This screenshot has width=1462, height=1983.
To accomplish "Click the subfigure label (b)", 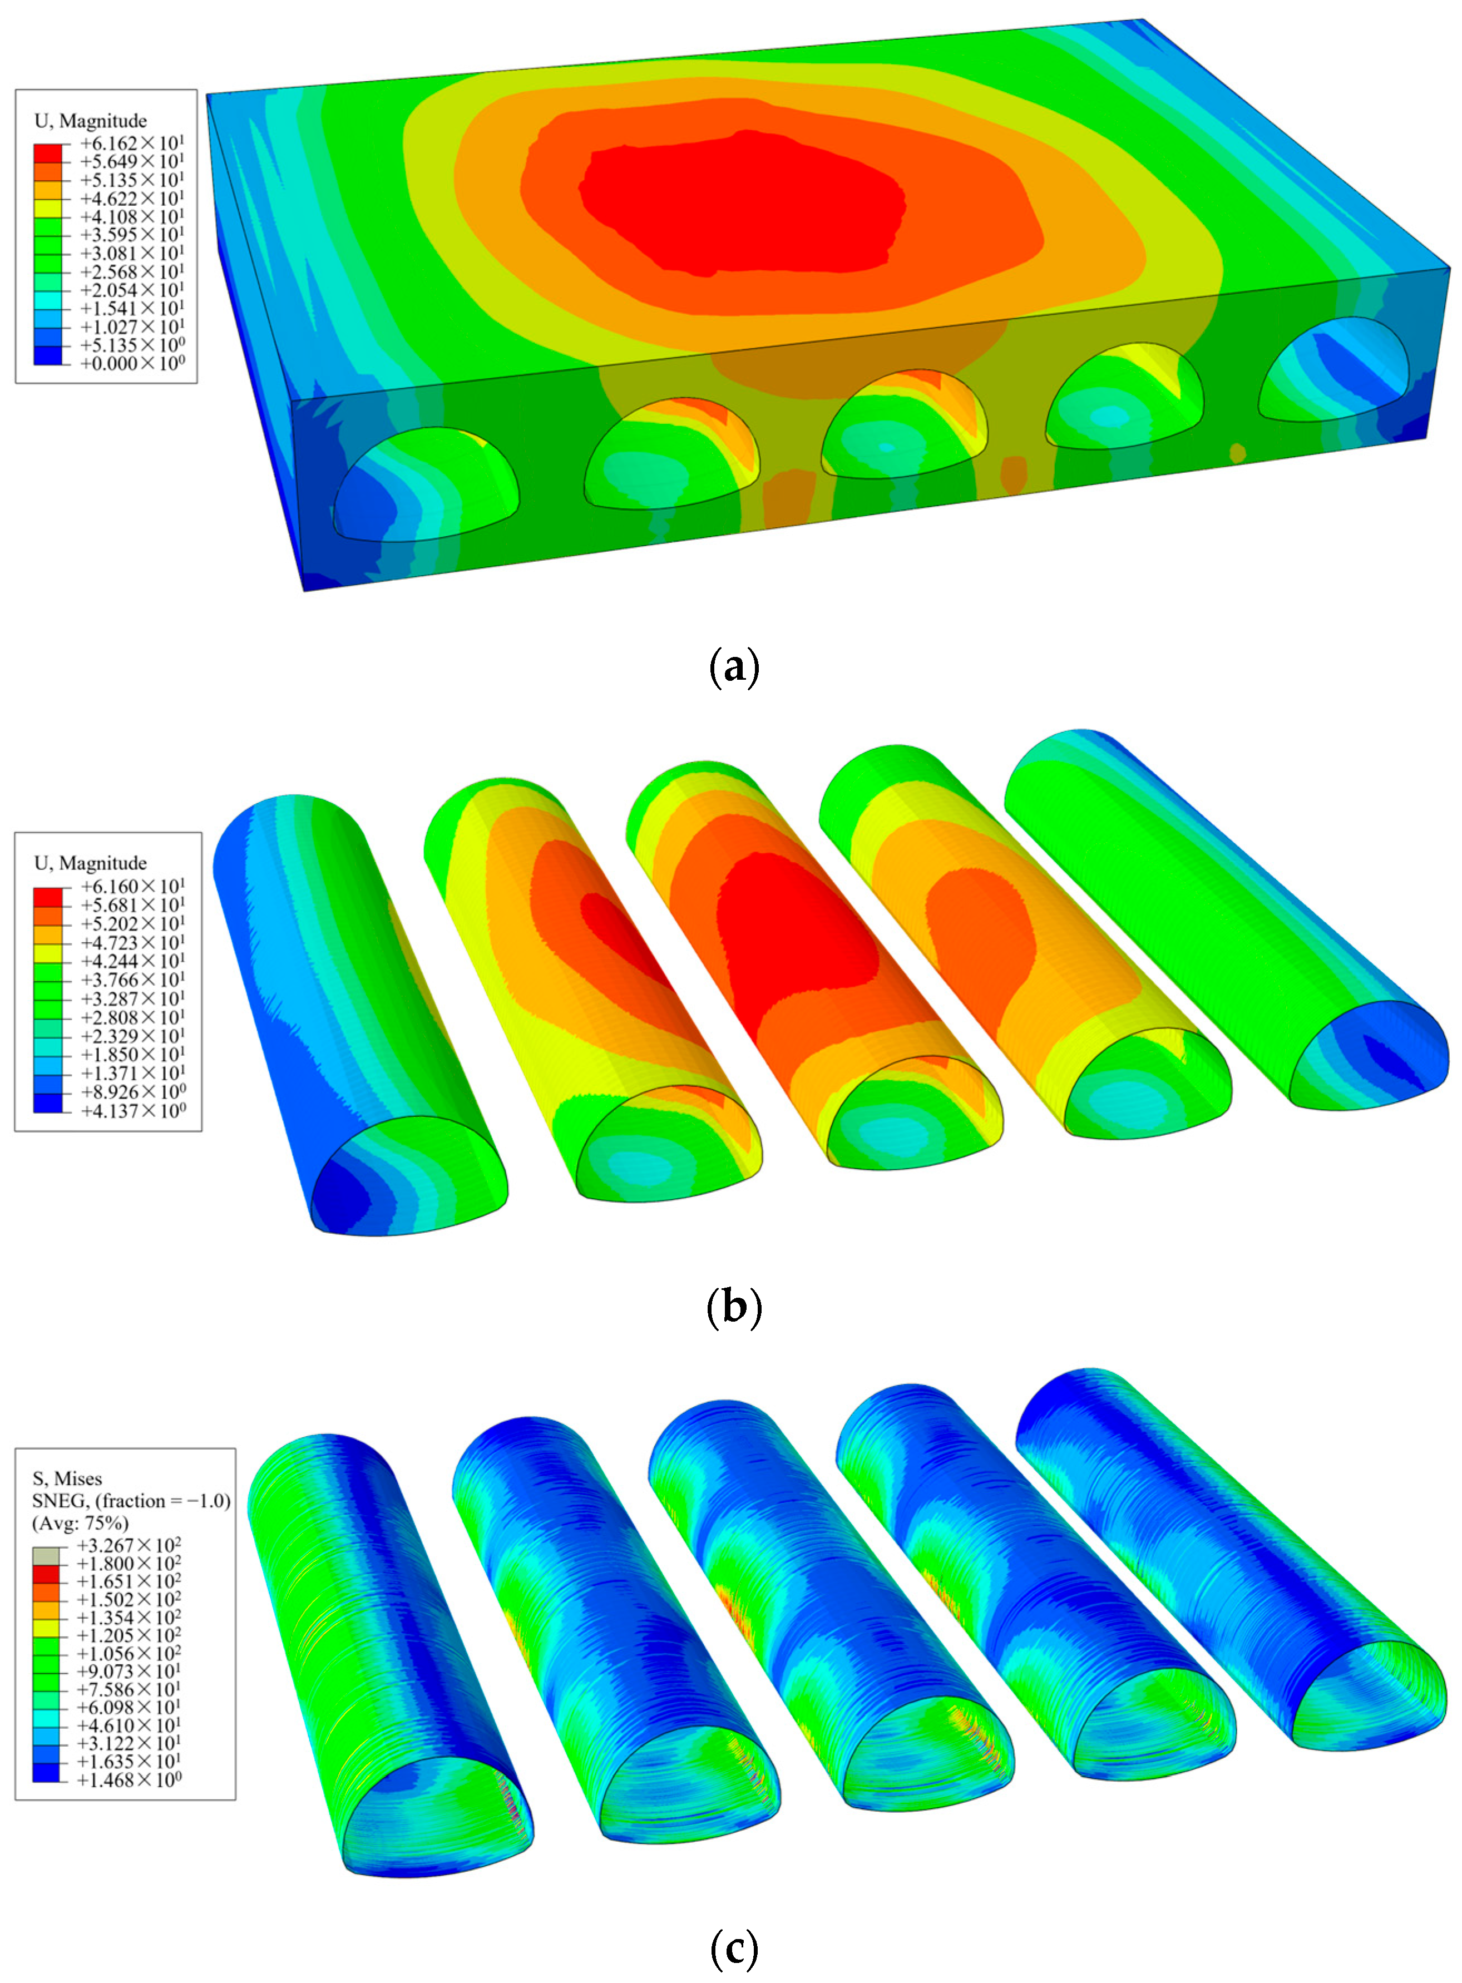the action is tap(734, 1307).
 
